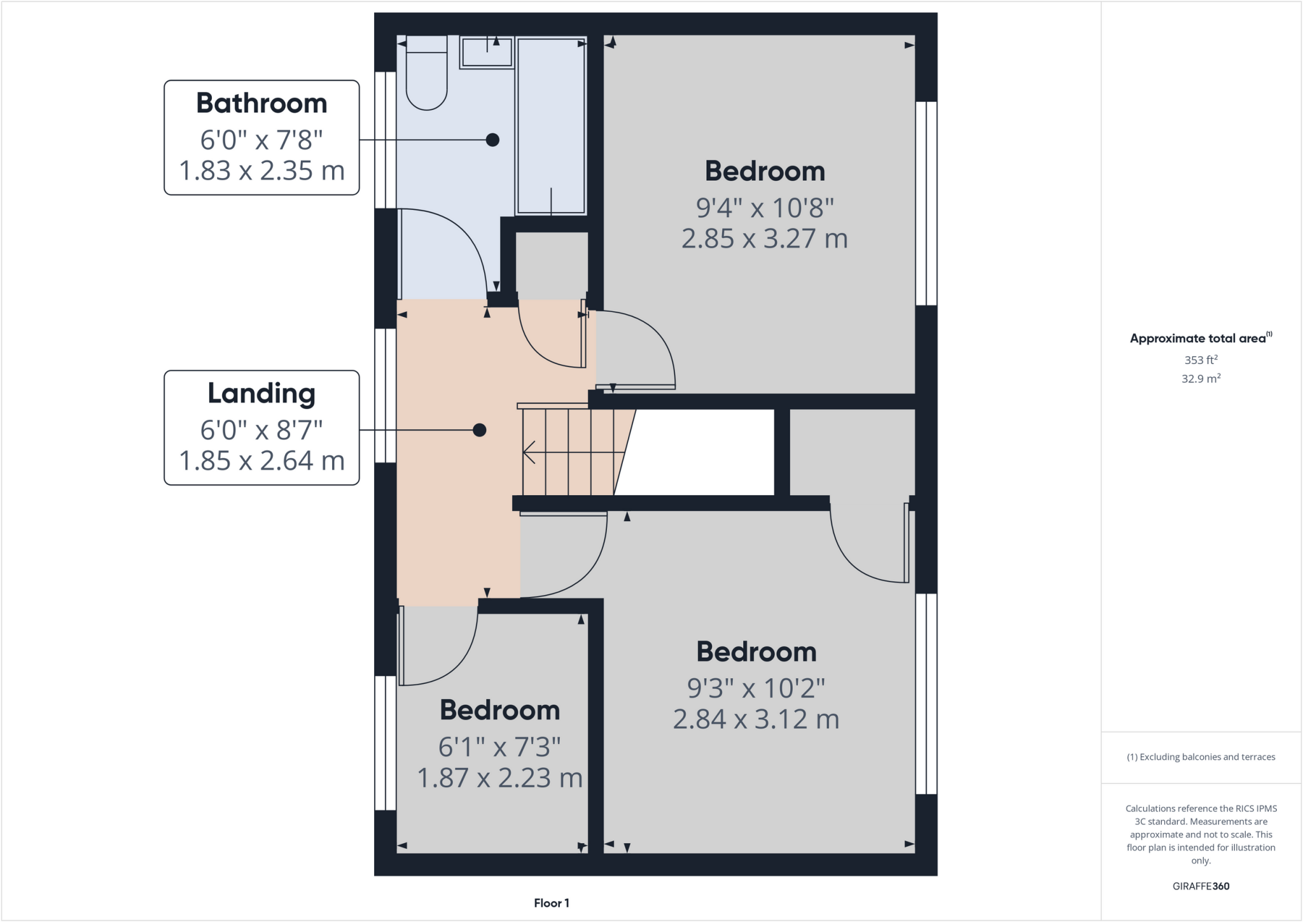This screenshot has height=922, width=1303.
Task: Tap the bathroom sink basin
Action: pos(487,52)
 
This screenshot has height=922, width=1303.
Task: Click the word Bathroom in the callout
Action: pos(261,103)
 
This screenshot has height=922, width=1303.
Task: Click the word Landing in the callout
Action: pos(261,393)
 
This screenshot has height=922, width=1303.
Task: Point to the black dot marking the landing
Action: pos(480,430)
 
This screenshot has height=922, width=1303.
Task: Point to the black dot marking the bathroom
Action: pos(492,140)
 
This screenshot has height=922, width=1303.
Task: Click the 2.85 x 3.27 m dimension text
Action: pos(765,239)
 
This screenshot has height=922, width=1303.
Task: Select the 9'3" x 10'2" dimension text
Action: pos(756,688)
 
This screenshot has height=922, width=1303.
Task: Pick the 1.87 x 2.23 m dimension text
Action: pos(500,778)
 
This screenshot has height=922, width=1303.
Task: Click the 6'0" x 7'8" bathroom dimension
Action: pos(261,139)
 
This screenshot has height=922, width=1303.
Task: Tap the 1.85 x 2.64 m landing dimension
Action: pos(261,460)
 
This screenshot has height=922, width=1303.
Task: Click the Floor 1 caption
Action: pos(552,903)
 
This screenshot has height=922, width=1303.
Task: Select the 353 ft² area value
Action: pos(1201,360)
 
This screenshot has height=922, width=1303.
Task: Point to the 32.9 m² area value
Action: pos(1201,379)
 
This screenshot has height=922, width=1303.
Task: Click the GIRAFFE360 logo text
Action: pos(1201,886)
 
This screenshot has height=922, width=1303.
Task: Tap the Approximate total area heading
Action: pos(1199,339)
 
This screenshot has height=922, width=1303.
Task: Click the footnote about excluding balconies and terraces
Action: pos(1201,757)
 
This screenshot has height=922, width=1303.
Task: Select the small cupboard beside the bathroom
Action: pos(551,264)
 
